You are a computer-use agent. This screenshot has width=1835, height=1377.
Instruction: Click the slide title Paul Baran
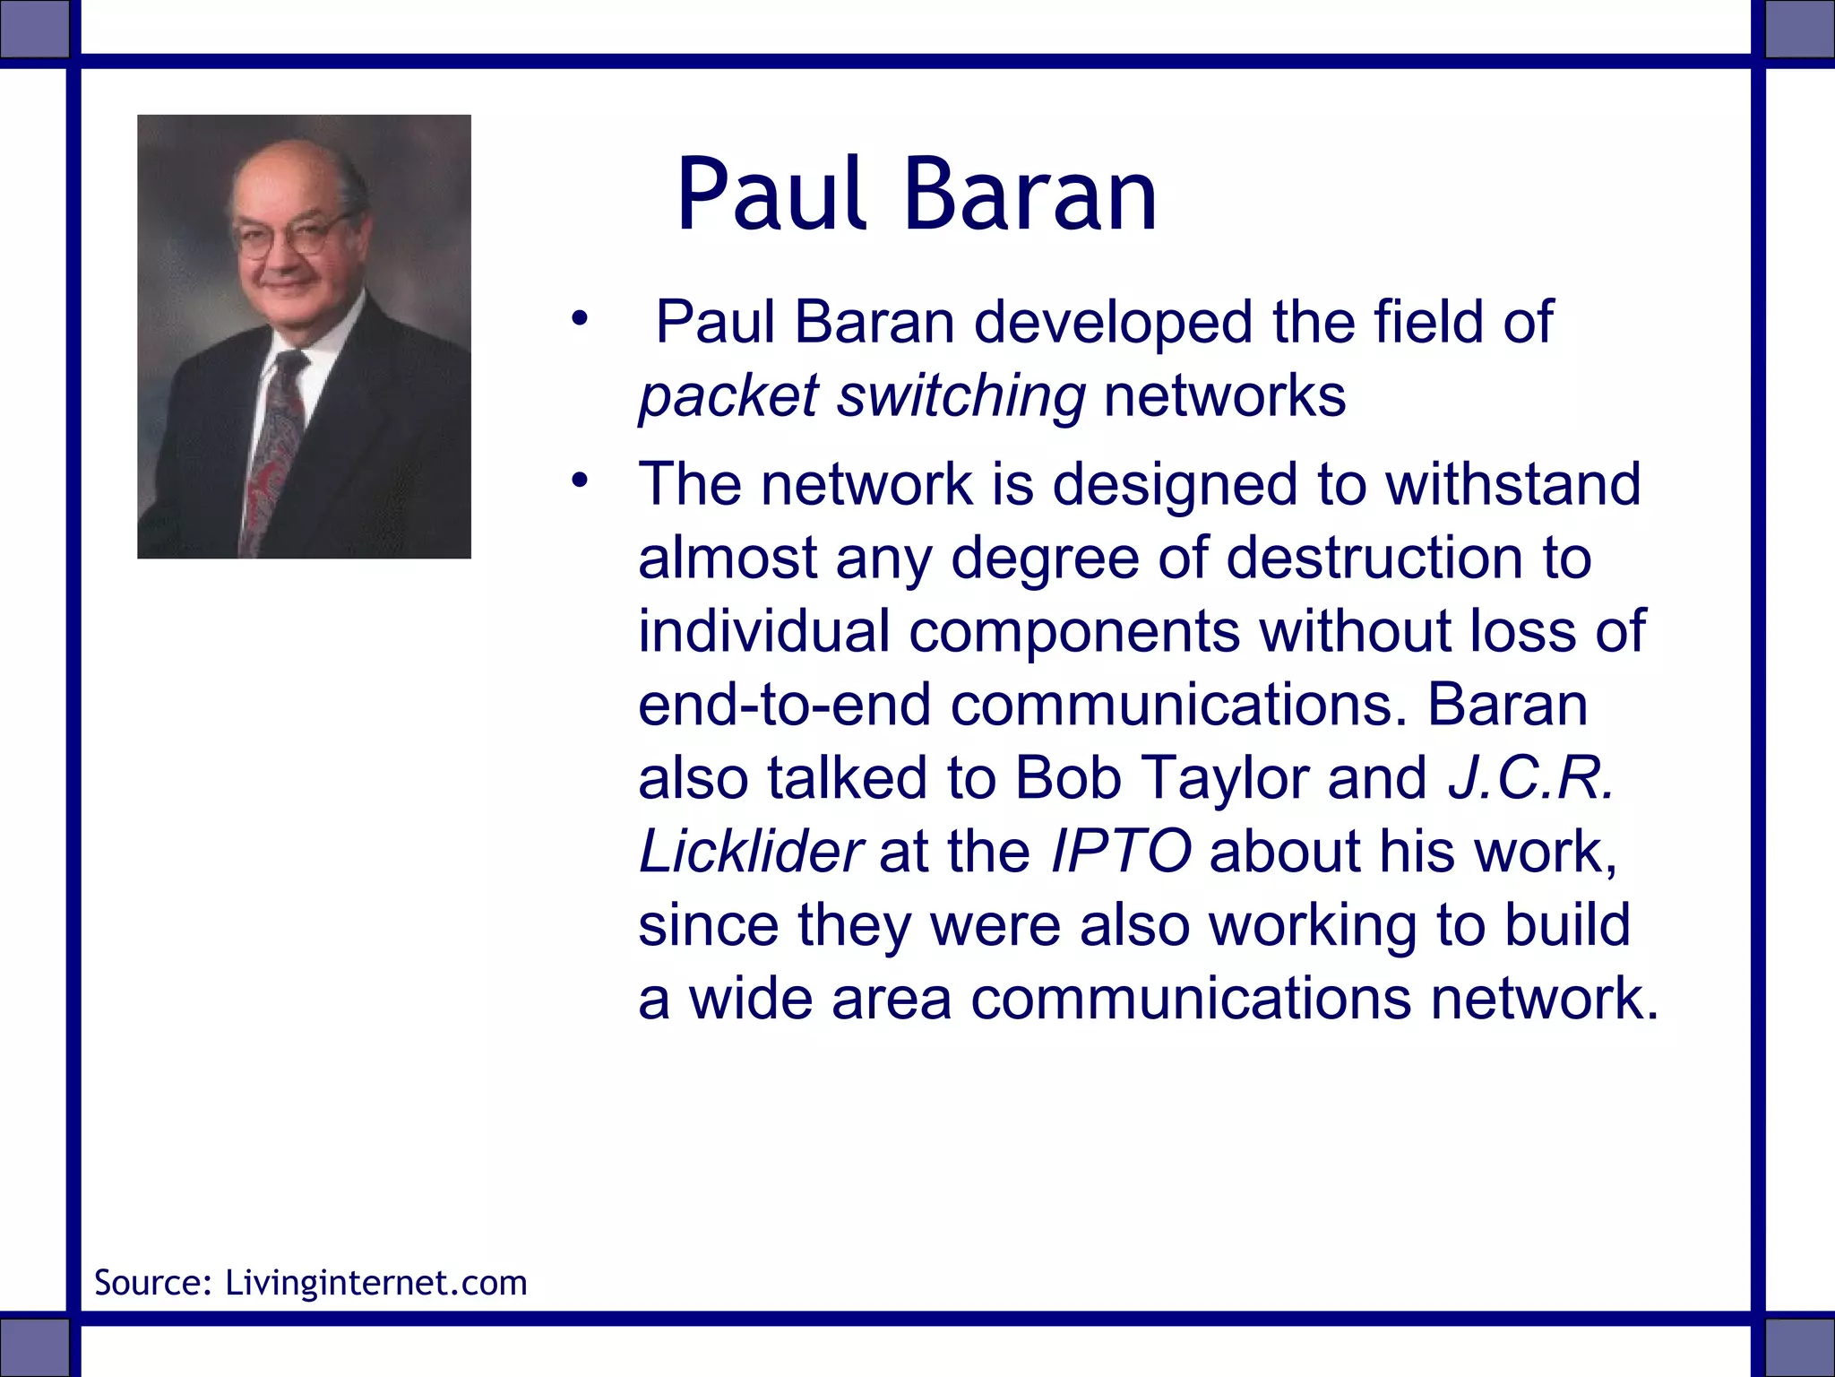coord(916,195)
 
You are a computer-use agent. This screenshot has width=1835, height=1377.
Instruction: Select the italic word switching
coord(961,397)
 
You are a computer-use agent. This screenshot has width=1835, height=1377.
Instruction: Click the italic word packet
coord(728,397)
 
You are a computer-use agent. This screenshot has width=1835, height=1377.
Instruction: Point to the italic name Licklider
coord(751,852)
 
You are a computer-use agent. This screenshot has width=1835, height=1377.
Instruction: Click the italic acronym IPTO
coord(1121,852)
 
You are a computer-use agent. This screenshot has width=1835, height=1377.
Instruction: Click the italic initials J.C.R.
coord(1531,778)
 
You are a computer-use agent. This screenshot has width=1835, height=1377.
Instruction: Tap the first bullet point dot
coord(580,317)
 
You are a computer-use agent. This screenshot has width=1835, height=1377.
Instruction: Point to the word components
coord(1074,631)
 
